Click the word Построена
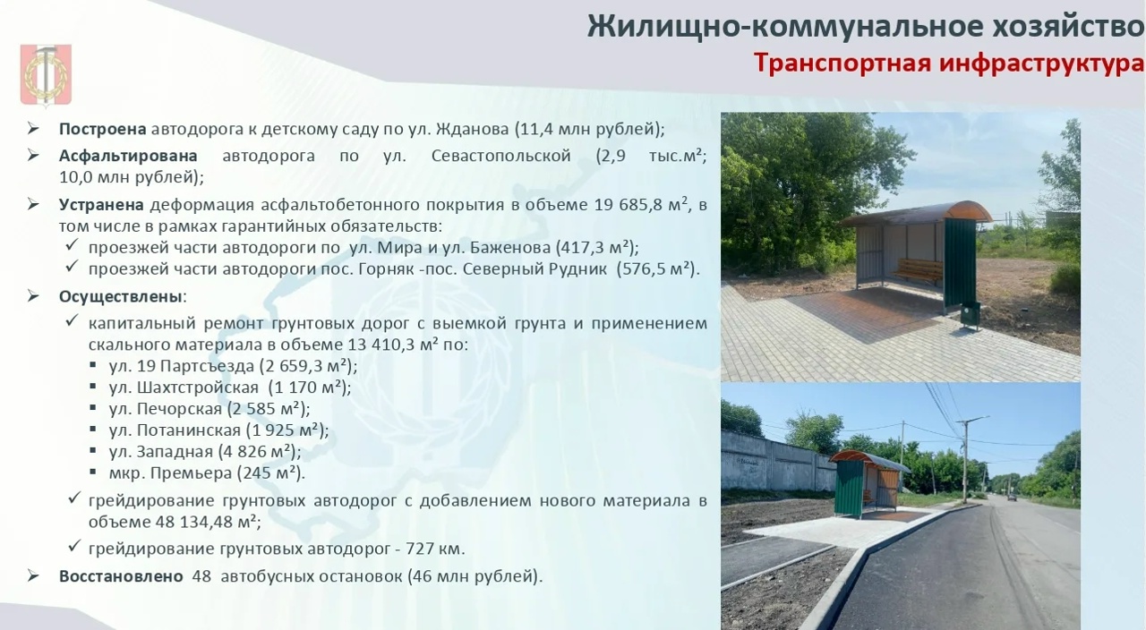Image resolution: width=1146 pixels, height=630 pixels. point(102,129)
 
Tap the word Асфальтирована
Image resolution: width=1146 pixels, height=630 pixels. point(128,156)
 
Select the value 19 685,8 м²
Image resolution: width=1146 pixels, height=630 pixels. point(640,204)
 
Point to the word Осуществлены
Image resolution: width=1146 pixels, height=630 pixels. point(121,296)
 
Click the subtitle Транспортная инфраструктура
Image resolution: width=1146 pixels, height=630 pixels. point(949,64)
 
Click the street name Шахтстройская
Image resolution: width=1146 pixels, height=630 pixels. point(198,387)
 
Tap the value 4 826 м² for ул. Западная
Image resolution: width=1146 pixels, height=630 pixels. point(257,452)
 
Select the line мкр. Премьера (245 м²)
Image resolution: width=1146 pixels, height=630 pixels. point(207,473)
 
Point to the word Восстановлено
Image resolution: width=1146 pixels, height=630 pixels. point(121,576)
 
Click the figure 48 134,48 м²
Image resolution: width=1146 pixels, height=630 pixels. point(207,522)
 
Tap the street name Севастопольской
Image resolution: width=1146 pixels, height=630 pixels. point(500,156)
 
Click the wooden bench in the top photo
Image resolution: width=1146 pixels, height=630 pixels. point(919,269)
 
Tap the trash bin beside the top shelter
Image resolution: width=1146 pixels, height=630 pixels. point(970,315)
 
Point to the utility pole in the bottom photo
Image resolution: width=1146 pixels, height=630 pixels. point(966,459)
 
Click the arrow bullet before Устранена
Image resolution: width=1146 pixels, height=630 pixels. point(33,205)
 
